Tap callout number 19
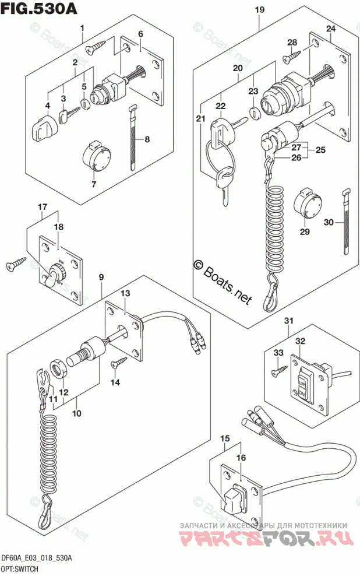click(x=260, y=10)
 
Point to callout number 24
click(x=330, y=29)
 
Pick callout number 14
click(x=115, y=382)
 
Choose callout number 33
click(x=278, y=352)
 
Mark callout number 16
click(x=241, y=458)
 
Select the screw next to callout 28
click(x=291, y=57)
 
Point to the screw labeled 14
click(x=119, y=363)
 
